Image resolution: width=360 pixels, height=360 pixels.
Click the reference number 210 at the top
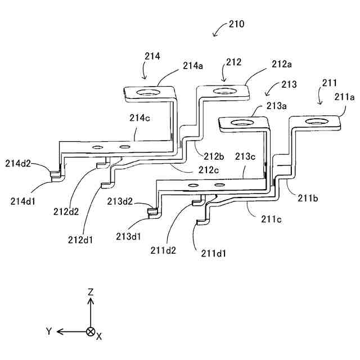[236, 25]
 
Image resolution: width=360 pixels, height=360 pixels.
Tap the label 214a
[193, 66]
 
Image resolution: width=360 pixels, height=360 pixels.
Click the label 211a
[344, 97]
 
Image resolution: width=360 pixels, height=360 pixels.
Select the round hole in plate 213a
[242, 123]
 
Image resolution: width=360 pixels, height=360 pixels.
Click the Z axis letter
[90, 291]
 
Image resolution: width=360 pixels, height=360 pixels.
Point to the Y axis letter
[49, 331]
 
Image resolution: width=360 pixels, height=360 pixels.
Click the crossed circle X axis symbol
[90, 331]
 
